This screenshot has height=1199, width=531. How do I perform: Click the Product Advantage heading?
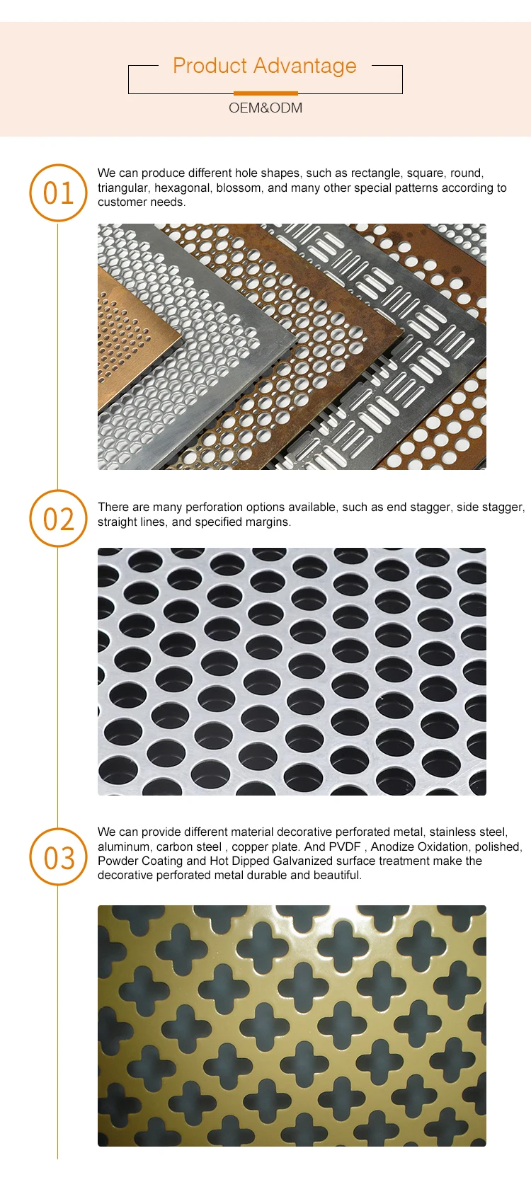tap(264, 66)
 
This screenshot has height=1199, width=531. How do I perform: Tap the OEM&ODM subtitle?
tap(265, 108)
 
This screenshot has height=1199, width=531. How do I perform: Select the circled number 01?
tap(58, 193)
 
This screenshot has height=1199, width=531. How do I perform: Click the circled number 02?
tap(58, 518)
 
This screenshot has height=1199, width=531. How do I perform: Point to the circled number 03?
tap(58, 857)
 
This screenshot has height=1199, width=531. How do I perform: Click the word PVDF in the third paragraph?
tap(345, 847)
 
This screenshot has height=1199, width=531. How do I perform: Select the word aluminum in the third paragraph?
tap(124, 847)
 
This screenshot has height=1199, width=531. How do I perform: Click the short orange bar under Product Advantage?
tap(265, 93)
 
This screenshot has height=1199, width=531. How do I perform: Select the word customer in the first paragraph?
tap(120, 202)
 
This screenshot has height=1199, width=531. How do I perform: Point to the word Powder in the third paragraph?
tap(115, 861)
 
